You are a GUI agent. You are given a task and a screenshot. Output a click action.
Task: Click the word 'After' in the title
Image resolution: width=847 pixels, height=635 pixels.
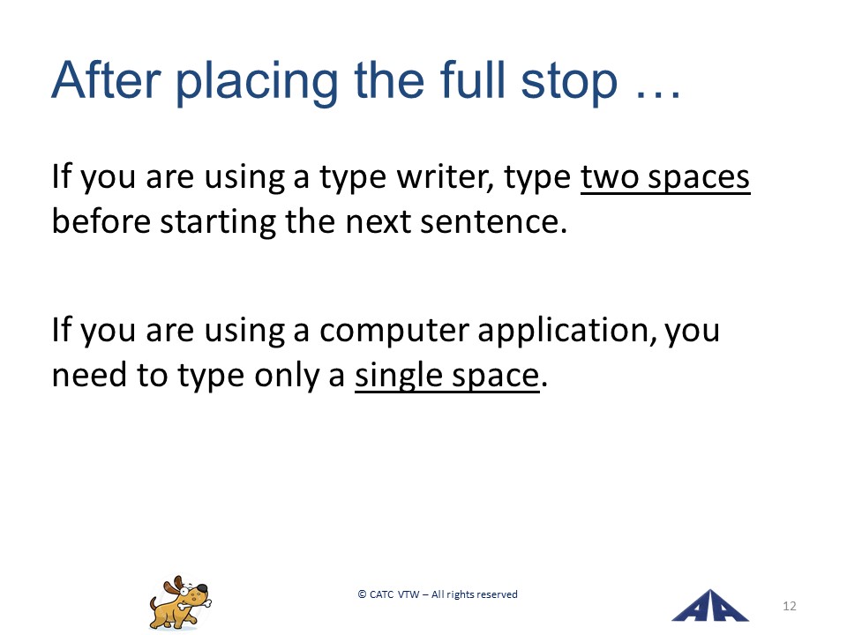[x=106, y=80]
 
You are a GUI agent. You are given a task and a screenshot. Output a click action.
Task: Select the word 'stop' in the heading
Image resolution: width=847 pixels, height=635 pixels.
[x=569, y=83]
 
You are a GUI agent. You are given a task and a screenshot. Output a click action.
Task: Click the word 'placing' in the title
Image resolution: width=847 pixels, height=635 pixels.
[x=257, y=83]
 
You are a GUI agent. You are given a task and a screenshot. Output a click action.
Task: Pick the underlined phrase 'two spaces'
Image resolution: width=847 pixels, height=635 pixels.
[x=665, y=177]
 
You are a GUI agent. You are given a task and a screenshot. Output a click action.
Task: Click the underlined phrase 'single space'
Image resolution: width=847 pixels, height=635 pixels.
[x=446, y=376]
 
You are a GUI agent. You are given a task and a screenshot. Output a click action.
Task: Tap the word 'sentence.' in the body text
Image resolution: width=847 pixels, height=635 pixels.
[x=494, y=222]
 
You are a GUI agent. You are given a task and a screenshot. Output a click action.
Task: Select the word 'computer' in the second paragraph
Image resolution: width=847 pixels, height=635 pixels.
[x=394, y=332]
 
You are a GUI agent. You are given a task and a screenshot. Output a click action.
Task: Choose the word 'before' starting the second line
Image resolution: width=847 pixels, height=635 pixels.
[x=101, y=220]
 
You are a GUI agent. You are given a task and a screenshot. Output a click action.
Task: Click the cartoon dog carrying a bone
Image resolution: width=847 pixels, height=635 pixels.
[x=180, y=602]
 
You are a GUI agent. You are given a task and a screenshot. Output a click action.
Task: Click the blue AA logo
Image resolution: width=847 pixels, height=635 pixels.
[x=709, y=606]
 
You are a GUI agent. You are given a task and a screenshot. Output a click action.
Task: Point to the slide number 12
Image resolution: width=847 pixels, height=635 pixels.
[x=789, y=606]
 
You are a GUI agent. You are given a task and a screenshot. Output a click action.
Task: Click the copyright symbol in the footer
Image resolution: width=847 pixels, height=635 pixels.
[x=362, y=594]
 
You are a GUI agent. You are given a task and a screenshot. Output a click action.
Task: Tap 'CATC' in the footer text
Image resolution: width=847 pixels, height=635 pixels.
[x=381, y=594]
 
